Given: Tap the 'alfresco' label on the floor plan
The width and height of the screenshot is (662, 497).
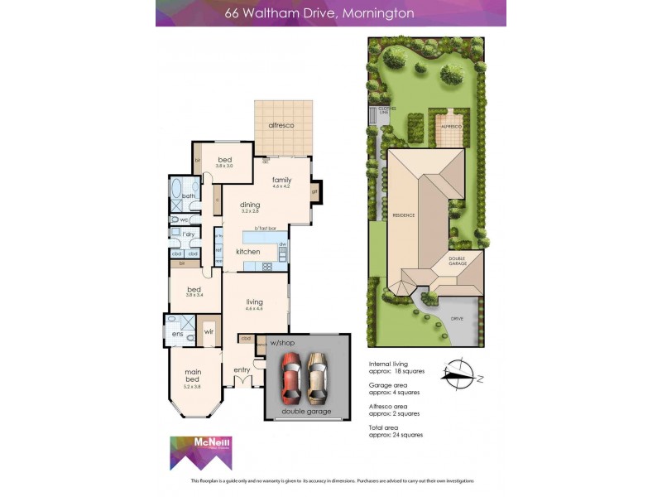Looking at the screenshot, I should [x=283, y=125].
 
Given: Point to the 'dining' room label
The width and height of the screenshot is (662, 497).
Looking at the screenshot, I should [x=250, y=205].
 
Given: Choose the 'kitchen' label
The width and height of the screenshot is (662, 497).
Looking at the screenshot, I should [x=248, y=251].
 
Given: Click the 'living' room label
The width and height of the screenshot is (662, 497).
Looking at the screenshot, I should [x=254, y=302].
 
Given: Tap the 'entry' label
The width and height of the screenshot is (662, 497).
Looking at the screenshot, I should [x=242, y=369].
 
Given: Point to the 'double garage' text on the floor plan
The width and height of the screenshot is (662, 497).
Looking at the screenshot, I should [x=306, y=411].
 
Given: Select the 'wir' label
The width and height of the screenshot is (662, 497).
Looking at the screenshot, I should [x=209, y=331].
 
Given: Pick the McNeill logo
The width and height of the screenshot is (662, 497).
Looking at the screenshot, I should [x=197, y=454].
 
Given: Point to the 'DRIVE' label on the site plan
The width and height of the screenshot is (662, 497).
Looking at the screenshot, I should [x=457, y=318].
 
